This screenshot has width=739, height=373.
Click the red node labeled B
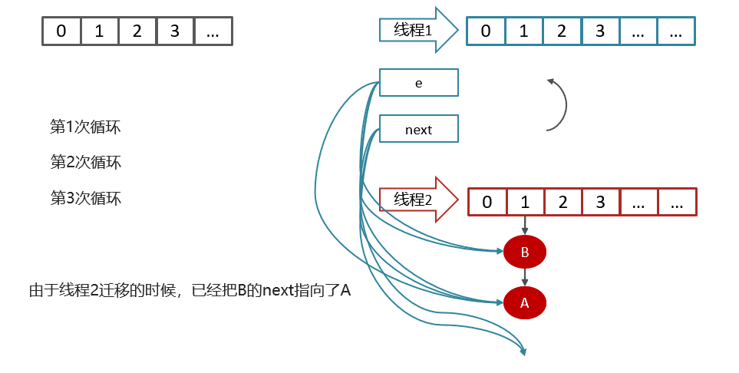[525, 251]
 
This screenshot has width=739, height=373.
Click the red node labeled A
[525, 302]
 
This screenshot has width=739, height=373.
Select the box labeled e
[419, 83]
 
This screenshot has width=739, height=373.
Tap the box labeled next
[419, 130]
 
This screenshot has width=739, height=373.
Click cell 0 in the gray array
[61, 31]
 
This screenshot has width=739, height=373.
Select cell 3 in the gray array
[175, 31]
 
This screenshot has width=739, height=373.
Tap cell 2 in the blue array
[562, 31]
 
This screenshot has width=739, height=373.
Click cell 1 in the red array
[525, 202]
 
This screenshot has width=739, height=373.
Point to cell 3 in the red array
[601, 202]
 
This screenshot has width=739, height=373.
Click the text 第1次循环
[85, 127]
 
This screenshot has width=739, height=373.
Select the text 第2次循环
[85, 162]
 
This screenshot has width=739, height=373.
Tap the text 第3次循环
[85, 198]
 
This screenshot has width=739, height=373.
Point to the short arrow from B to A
[525, 276]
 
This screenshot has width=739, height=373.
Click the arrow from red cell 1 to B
[525, 226]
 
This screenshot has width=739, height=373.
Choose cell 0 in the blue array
[486, 31]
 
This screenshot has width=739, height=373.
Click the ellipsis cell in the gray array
[213, 31]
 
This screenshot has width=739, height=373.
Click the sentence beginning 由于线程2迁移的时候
[190, 290]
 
